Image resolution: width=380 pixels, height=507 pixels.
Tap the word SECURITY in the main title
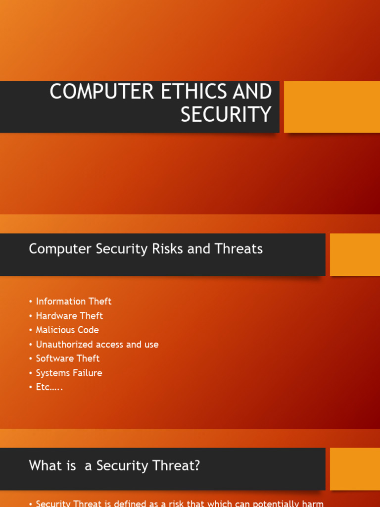(226, 114)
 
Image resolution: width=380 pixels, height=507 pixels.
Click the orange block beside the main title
(332, 107)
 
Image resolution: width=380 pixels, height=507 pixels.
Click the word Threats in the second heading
(238, 249)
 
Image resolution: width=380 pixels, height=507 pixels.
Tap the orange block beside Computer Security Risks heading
(355, 254)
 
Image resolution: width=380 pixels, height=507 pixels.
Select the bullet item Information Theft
(73, 301)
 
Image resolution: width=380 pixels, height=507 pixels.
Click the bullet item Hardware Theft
(69, 315)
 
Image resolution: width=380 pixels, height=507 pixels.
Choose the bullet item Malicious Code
(67, 330)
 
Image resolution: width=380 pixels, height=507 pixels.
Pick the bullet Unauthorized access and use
(97, 344)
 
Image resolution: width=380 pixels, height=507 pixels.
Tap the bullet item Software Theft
(68, 358)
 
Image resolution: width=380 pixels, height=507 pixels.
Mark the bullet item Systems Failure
(69, 373)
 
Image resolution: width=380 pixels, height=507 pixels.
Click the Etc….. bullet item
(49, 387)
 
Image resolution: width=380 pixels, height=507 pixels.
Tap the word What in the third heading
(42, 466)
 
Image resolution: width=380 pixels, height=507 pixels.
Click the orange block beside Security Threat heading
(355, 469)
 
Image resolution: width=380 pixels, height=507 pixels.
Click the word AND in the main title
(254, 93)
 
